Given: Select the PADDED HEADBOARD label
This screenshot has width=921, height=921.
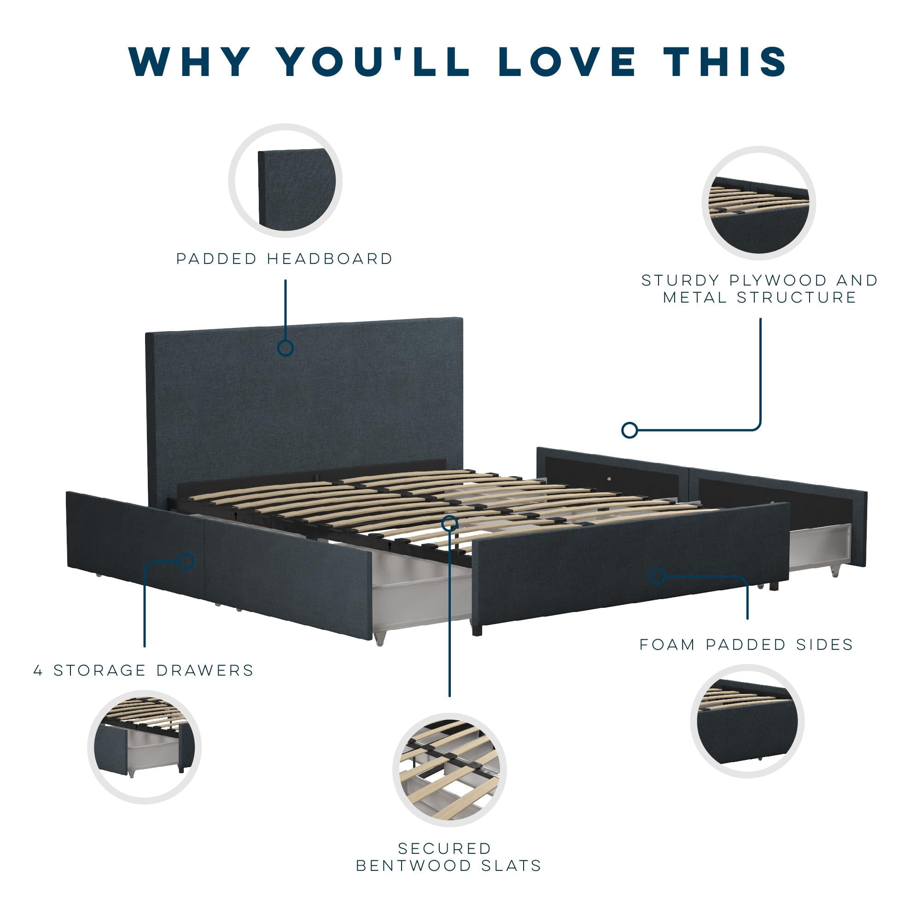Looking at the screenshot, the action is pyautogui.click(x=285, y=259).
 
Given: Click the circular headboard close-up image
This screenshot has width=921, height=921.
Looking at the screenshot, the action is pyautogui.click(x=285, y=181).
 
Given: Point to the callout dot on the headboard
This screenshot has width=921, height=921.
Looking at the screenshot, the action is pyautogui.click(x=286, y=348).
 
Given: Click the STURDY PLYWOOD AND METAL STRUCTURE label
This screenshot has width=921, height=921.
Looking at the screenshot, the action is pyautogui.click(x=760, y=289).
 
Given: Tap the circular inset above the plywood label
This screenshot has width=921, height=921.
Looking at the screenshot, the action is pyautogui.click(x=759, y=203).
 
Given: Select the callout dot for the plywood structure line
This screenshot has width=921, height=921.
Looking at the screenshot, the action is pyautogui.click(x=630, y=431).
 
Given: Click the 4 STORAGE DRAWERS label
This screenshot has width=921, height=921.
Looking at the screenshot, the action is pyautogui.click(x=144, y=670).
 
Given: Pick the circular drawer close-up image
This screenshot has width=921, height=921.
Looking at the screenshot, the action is pyautogui.click(x=145, y=747).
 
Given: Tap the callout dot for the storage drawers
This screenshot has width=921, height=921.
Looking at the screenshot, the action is pyautogui.click(x=186, y=561).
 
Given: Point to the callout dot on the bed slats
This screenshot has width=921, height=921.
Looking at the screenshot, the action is pyautogui.click(x=449, y=524).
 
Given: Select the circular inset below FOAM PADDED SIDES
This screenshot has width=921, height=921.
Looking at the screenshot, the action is pyautogui.click(x=747, y=721).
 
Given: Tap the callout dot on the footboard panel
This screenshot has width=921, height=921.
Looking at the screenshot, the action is pyautogui.click(x=658, y=577).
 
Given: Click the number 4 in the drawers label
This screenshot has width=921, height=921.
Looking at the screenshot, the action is pyautogui.click(x=39, y=670).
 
